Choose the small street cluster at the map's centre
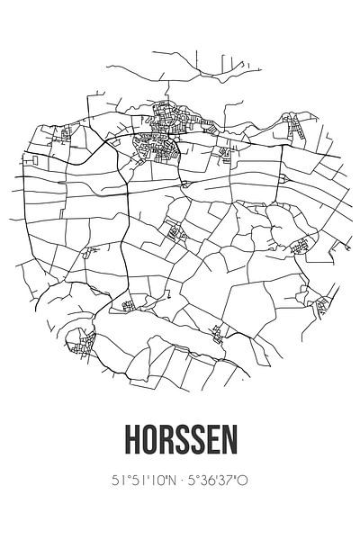point(177,234)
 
